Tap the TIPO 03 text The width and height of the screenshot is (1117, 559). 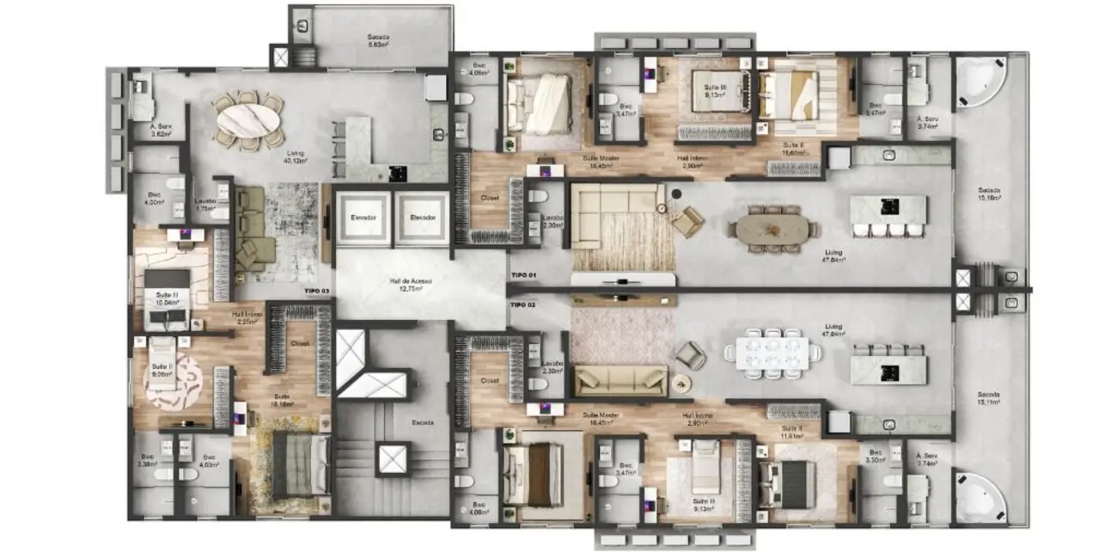[316, 292]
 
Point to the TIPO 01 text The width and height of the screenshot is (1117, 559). [522, 274]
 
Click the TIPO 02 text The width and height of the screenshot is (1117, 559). [522, 304]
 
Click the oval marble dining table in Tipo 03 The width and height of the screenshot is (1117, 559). [248, 120]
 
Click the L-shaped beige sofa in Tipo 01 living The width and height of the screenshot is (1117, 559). [614, 209]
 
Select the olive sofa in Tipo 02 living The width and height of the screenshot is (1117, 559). [620, 379]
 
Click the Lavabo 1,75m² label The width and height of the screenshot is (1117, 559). [204, 205]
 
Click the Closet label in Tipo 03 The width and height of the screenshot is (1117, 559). [299, 342]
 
